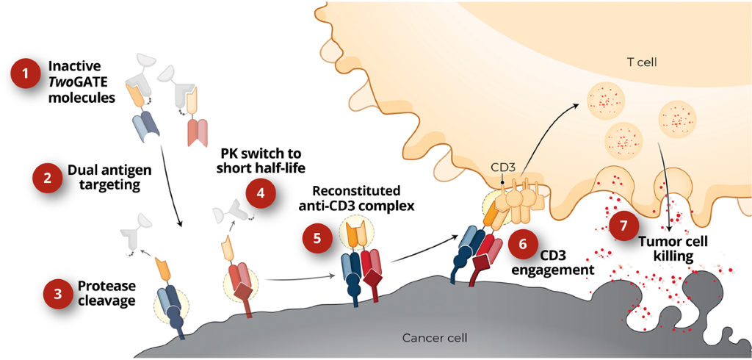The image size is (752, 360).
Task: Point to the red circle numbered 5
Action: coord(317,238)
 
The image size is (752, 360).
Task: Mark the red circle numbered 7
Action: coord(623,226)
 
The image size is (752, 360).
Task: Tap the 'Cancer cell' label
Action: coord(435,338)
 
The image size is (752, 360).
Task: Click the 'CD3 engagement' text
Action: coord(566,262)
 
